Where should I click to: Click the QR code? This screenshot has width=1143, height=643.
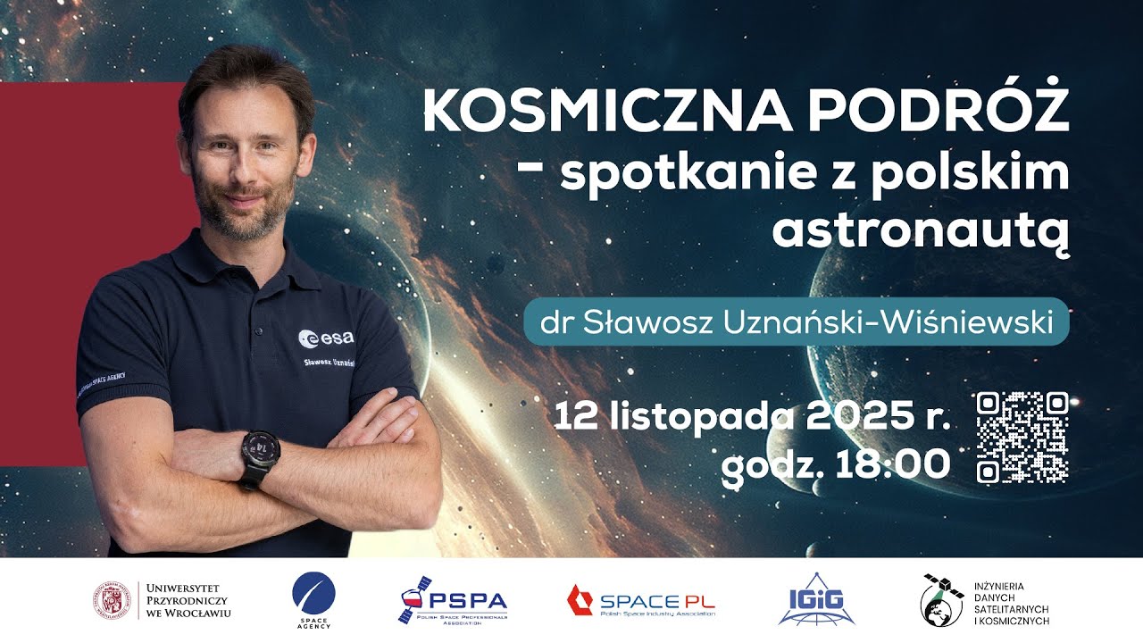click(x=1022, y=438)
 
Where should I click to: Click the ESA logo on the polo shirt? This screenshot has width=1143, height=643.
click(x=326, y=338)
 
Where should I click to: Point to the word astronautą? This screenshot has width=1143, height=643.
click(x=920, y=230)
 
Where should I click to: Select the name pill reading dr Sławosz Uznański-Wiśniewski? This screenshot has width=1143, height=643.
click(x=796, y=321)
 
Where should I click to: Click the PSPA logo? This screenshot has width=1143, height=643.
click(x=454, y=601)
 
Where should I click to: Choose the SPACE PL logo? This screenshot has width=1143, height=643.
click(x=640, y=600)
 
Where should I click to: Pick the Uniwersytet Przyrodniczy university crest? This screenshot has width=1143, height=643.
click(x=113, y=600)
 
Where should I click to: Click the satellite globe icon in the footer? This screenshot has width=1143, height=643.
click(x=942, y=601)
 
